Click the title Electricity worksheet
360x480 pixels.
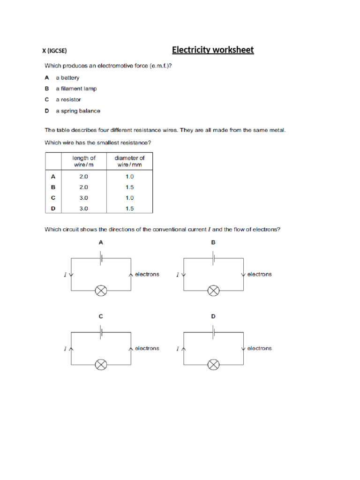click(213, 50)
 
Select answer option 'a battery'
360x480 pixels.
click(67, 78)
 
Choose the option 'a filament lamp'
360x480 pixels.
click(75, 89)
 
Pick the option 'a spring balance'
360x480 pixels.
click(78, 111)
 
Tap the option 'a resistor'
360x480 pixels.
click(68, 100)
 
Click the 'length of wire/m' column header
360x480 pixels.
click(84, 161)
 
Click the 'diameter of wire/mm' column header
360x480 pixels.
click(129, 161)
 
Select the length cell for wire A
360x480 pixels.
click(84, 177)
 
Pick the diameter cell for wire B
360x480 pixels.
click(129, 187)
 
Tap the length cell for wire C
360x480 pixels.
click(84, 198)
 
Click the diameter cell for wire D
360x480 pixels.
click(129, 208)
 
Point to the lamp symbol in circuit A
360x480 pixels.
click(101, 291)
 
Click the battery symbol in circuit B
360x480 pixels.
click(214, 257)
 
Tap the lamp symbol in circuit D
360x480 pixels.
click(213, 364)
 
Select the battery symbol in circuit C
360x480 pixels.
click(101, 331)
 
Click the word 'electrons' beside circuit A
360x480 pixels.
click(147, 274)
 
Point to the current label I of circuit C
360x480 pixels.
click(65, 349)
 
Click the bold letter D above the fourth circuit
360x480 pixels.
click(213, 316)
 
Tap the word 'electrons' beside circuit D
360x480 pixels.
click(259, 348)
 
